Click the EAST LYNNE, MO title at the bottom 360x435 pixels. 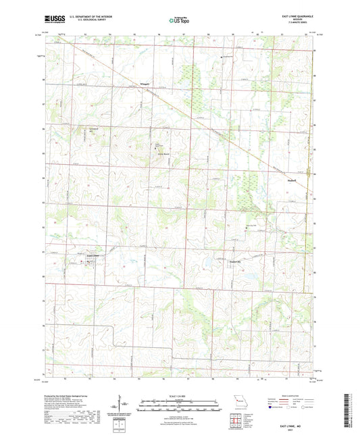pos(294,427)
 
